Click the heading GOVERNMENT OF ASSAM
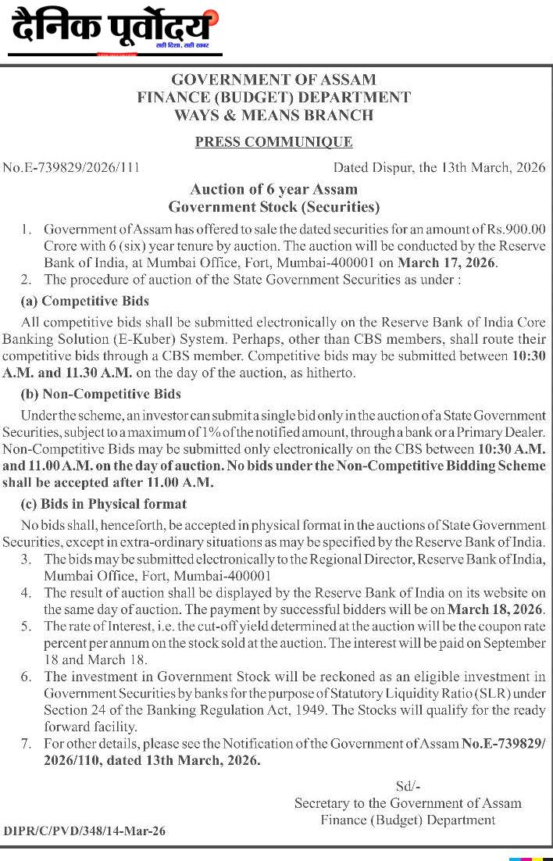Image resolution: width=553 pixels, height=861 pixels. pyautogui.click(x=273, y=80)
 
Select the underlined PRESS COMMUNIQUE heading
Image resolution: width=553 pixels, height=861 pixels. pyautogui.click(x=273, y=142)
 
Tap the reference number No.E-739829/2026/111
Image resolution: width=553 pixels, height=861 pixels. pyautogui.click(x=71, y=167)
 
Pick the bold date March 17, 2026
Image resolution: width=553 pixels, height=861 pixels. pyautogui.click(x=447, y=263)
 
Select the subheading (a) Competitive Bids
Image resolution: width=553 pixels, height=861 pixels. pyautogui.click(x=85, y=301)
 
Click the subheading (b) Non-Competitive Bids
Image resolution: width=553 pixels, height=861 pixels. pyautogui.click(x=101, y=395)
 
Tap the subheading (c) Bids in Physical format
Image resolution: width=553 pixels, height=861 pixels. pyautogui.click(x=104, y=504)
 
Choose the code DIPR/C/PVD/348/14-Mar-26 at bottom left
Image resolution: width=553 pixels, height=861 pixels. pyautogui.click(x=84, y=831)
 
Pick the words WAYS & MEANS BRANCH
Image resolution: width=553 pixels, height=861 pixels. pyautogui.click(x=273, y=116)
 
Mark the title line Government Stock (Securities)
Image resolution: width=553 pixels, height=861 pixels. pyautogui.click(x=273, y=207)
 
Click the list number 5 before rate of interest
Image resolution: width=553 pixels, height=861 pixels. pyautogui.click(x=27, y=627)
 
